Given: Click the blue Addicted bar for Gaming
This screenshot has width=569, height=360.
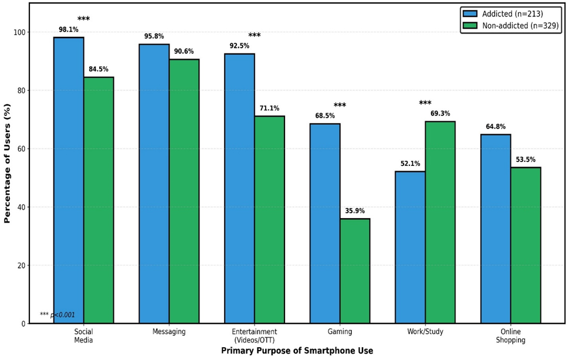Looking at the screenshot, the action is tap(325, 223).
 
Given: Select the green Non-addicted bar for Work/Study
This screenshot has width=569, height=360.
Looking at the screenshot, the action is tap(440, 222).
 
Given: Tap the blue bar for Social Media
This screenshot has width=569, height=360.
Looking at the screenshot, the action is tap(69, 180).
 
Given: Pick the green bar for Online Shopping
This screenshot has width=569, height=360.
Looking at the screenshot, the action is tap(526, 245).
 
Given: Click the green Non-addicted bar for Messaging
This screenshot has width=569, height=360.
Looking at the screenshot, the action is tap(184, 191).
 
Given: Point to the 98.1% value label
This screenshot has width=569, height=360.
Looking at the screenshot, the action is tap(69, 30).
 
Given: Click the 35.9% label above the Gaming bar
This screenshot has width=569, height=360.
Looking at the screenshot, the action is tap(355, 211).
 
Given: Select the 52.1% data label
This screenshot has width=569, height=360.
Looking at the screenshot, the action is tap(411, 164).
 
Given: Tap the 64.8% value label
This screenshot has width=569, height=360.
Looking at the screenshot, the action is tap(496, 127).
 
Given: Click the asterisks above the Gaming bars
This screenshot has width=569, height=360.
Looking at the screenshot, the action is tap(340, 105).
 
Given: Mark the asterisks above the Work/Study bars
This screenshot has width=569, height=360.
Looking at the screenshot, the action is tap(425, 103).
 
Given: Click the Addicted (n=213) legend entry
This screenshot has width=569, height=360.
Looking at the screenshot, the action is tap(503, 13).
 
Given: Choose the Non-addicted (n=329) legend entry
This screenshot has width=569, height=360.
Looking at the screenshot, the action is tap(510, 26).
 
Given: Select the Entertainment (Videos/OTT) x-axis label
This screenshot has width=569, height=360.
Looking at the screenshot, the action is tap(255, 336).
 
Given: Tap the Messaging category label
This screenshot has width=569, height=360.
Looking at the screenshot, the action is tap(169, 332).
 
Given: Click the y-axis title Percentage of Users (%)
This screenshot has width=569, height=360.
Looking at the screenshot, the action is tap(7, 164).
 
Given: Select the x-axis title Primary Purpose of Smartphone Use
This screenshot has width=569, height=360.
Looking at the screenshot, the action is tap(297, 351).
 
